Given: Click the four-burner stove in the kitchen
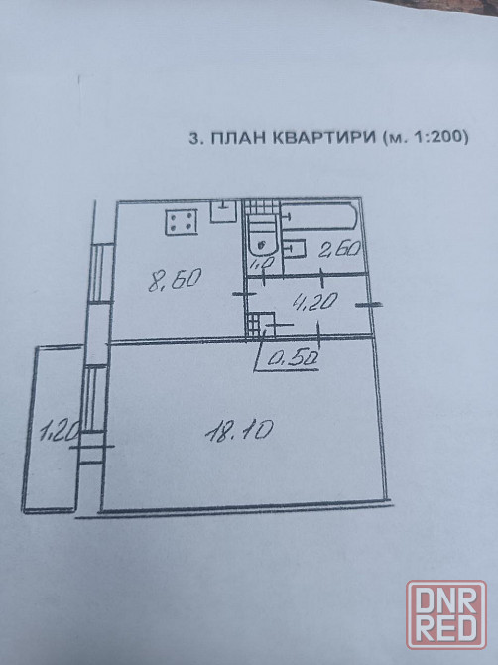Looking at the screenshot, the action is coord(182,222).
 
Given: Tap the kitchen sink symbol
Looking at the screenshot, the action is coord(223,211).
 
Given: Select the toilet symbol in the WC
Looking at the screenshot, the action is coord(262,236).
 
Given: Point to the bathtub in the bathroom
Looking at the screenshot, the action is coord(319,217).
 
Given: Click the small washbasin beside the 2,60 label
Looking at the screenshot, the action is coord(295,248).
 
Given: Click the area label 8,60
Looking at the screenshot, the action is coord(175,280).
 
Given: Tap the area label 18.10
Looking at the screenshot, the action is coord(239,431).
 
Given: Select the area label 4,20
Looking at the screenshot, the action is coord(315,301).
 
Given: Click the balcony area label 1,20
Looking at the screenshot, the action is coord(59,432).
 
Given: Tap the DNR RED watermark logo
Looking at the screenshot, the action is coord(446,614).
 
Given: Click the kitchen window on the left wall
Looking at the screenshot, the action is coord(102,273).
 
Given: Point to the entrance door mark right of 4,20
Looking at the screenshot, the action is coord(369,304).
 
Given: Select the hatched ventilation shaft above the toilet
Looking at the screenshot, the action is coord(263,208).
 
